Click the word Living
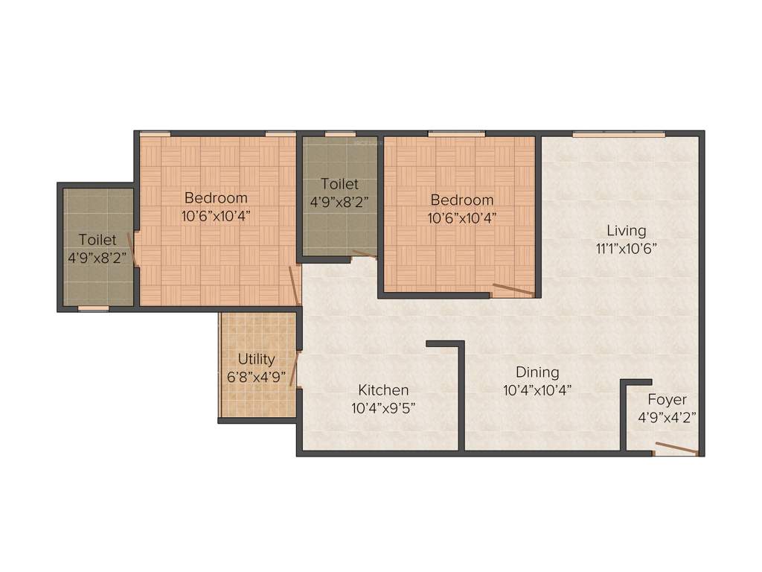coord(626,230)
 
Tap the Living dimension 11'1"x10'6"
coord(626,248)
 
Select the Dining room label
coord(537,372)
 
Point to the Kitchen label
coord(383,390)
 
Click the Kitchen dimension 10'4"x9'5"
coord(383,407)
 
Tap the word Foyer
coord(667,399)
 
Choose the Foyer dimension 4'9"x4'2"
coord(667,417)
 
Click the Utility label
coord(256,359)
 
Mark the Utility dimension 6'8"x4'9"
coord(256,377)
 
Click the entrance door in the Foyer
coord(676,448)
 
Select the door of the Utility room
coord(295,368)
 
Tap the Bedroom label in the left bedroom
coord(216,198)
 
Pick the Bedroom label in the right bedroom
coord(461,200)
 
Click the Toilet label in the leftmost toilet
coord(97,240)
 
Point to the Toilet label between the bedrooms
coord(339,183)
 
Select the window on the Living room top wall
coord(618,134)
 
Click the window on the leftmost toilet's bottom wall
coord(93,308)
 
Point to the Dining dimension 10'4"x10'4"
coord(537,390)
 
